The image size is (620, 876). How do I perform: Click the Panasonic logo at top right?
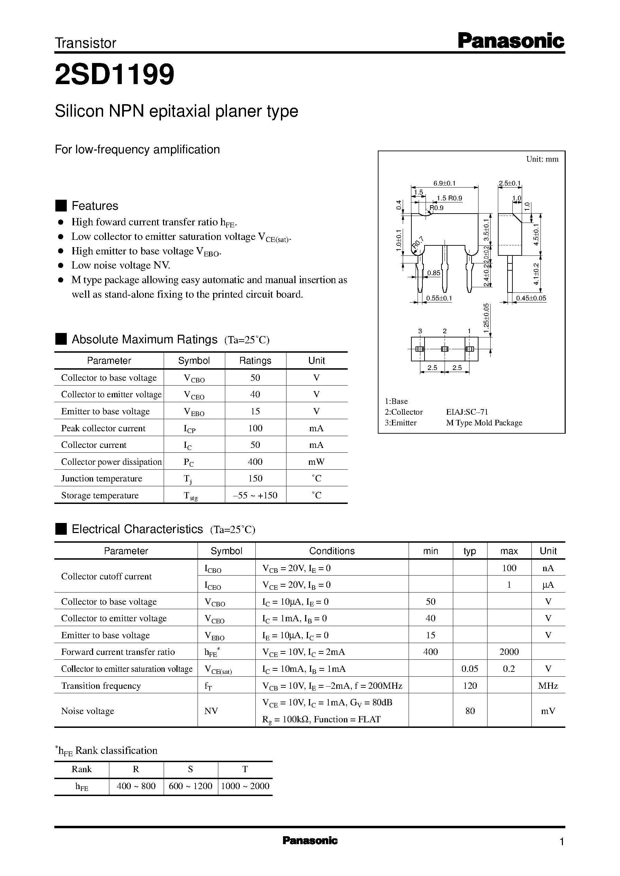click(510, 41)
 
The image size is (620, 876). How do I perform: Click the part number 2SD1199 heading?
click(115, 74)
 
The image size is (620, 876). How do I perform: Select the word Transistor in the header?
click(85, 43)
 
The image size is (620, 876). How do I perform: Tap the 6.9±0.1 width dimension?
click(444, 183)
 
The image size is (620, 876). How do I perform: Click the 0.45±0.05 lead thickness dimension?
click(531, 298)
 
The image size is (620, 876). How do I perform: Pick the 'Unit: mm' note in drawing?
click(542, 159)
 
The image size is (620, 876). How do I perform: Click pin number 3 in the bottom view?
click(420, 331)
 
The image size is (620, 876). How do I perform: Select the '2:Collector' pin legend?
click(403, 412)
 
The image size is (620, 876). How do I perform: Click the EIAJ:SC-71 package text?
click(467, 412)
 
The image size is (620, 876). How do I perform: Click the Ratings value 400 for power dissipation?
click(255, 462)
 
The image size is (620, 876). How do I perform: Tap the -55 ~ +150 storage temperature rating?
click(255, 495)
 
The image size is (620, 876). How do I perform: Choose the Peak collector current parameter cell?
click(103, 428)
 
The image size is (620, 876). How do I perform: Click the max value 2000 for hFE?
click(509, 652)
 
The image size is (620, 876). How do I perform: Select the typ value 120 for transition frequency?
click(470, 685)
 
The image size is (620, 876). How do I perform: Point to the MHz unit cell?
click(548, 685)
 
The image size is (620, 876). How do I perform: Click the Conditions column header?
click(332, 551)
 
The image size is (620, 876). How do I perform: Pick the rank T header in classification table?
click(245, 769)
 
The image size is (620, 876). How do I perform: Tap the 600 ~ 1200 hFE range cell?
click(191, 786)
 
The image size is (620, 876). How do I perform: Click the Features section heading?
click(95, 206)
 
